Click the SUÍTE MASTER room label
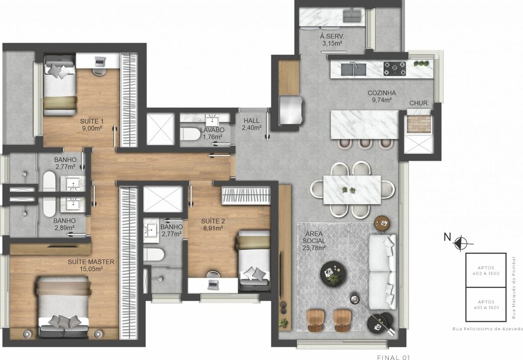pyautogui.click(x=91, y=262)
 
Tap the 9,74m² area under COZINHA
pyautogui.click(x=382, y=100)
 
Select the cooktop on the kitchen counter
pyautogui.click(x=395, y=68)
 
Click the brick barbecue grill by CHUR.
pyautogui.click(x=419, y=124)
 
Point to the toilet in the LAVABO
pyautogui.click(x=190, y=134)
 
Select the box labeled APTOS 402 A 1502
pyautogui.click(x=486, y=270)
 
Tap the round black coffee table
pyautogui.click(x=333, y=274)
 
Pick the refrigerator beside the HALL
pyautogui.click(x=291, y=110)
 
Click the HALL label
pyautogui.click(x=251, y=121)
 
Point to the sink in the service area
pyautogui.click(x=351, y=15)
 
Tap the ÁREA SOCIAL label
pyautogui.click(x=314, y=237)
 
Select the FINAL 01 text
pyautogui.click(x=393, y=357)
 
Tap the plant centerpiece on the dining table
pyautogui.click(x=348, y=190)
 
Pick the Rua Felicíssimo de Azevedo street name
pyautogui.click(x=488, y=329)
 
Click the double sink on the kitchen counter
pyautogui.click(x=353, y=69)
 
